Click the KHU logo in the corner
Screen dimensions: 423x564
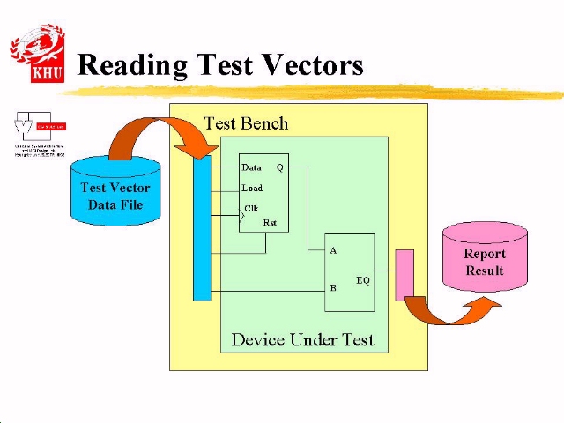(x=37, y=54)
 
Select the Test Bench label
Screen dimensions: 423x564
(x=246, y=123)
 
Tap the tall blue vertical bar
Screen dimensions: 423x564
(x=203, y=229)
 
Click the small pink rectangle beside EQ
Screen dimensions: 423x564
(x=404, y=274)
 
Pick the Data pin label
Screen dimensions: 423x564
(x=251, y=167)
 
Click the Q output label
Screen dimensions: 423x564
(x=279, y=167)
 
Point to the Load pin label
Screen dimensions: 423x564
(x=252, y=188)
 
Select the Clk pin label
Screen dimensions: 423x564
(x=251, y=209)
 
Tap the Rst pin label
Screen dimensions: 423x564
(x=270, y=223)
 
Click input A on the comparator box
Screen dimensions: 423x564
(x=333, y=251)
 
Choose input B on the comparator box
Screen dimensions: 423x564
(x=333, y=288)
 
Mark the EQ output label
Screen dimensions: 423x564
(x=363, y=280)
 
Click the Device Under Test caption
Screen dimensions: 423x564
(x=302, y=339)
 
